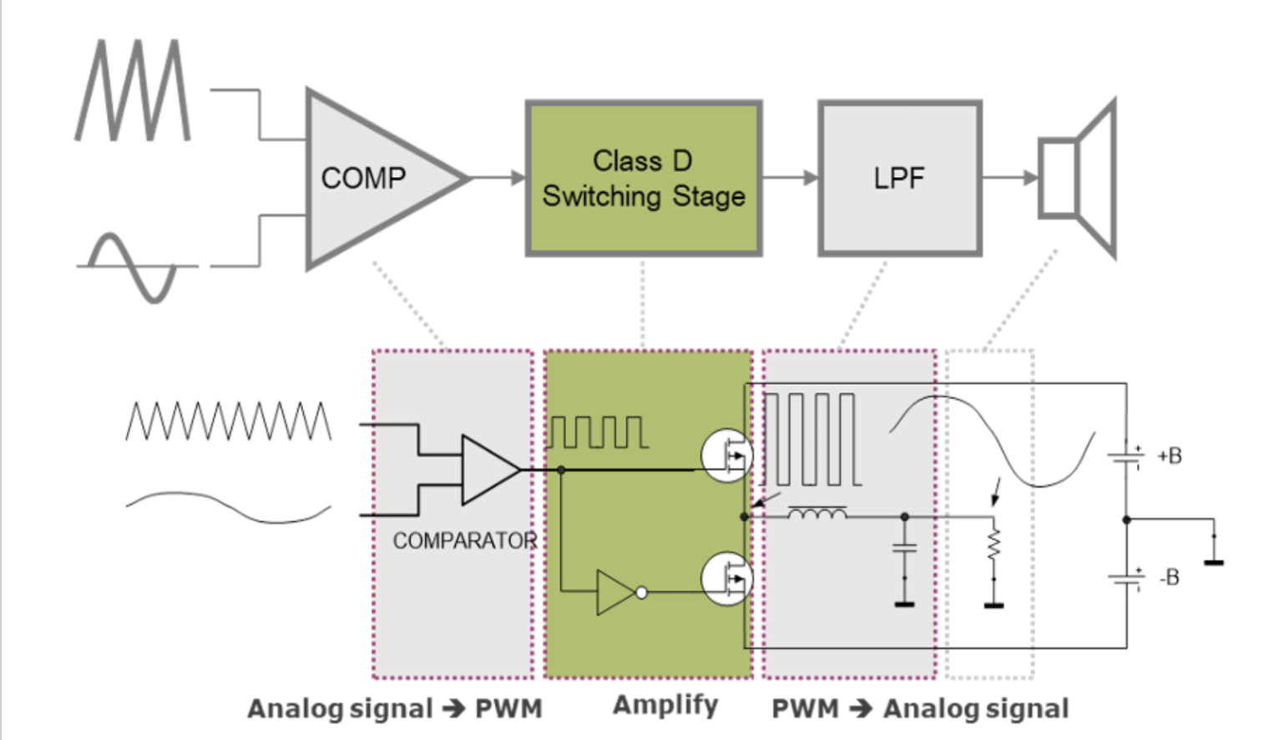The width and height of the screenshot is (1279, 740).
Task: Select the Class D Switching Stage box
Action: (644, 178)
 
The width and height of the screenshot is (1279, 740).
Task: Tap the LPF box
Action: (899, 178)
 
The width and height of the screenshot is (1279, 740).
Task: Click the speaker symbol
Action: (1077, 178)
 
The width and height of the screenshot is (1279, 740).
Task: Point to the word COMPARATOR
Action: (465, 541)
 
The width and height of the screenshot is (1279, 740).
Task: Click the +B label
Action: (1169, 456)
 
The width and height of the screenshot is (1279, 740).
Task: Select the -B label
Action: (1169, 577)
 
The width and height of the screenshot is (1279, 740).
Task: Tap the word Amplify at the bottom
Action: (665, 705)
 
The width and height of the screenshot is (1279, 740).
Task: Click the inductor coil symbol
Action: (817, 514)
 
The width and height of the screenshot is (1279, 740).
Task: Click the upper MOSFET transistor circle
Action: (726, 456)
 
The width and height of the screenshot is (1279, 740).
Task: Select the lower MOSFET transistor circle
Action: (726, 578)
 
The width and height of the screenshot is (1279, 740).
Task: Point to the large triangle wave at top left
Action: (134, 90)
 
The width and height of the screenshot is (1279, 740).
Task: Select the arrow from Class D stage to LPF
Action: (790, 177)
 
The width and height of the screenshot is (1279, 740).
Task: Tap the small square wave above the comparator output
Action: (598, 432)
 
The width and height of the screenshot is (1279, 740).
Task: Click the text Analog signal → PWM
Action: (395, 708)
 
